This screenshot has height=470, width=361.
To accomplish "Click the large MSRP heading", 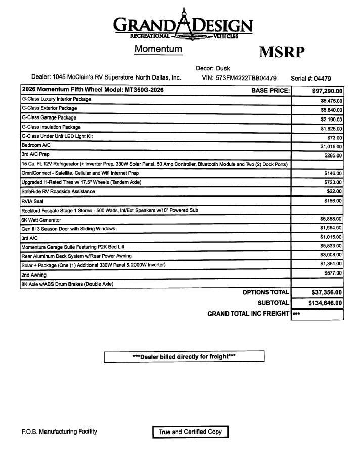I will [282, 52].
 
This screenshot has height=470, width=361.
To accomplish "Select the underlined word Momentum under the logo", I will [158, 49].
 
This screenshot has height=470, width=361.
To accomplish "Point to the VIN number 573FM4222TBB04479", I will [246, 78].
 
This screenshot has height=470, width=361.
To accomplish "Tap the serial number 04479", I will [323, 79].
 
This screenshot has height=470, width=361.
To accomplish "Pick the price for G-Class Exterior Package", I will [331, 110].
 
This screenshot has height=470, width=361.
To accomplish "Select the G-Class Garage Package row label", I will [49, 117].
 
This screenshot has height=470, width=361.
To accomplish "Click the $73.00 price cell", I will [335, 138].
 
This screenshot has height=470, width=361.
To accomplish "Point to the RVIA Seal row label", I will [32, 201].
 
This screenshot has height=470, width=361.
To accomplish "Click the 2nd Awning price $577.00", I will [333, 273].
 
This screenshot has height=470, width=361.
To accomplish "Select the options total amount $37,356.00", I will [320, 292].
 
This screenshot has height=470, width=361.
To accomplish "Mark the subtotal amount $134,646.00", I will [318, 303].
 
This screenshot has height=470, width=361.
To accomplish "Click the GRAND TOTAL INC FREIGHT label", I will [248, 314].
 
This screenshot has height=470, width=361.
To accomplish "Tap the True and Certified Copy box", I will [190, 432].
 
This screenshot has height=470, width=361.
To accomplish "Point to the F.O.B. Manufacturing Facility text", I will [59, 432].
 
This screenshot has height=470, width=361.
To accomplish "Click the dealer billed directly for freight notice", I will [184, 357].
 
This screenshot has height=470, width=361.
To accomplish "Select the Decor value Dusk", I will [223, 68].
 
